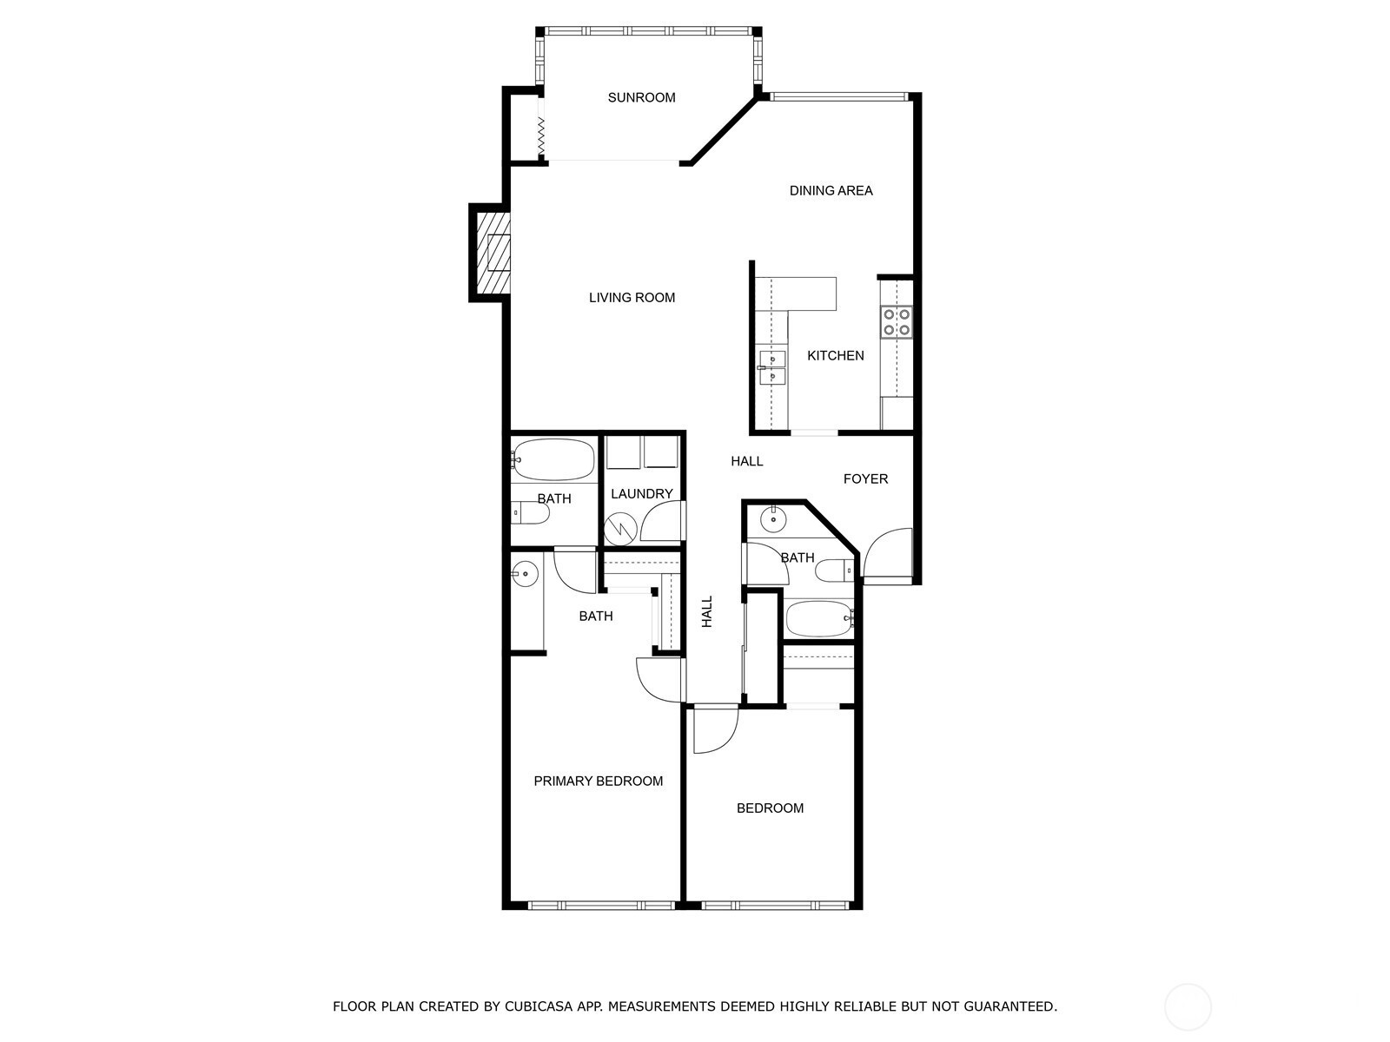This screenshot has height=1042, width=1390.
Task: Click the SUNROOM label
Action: click(641, 97)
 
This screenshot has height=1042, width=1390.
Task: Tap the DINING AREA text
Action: click(831, 190)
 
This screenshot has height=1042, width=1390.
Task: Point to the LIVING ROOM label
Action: click(632, 297)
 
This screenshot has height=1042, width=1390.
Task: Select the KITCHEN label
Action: click(835, 355)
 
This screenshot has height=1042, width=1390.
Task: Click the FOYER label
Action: click(865, 479)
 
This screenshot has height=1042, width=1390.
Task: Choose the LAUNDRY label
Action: click(641, 493)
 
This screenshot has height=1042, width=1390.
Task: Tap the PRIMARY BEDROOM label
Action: click(598, 781)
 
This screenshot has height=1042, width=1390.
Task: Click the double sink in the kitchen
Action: click(772, 367)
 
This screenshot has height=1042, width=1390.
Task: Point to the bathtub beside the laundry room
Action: click(553, 459)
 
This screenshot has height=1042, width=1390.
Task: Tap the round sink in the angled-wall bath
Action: click(773, 519)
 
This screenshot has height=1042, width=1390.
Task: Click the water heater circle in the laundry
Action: click(620, 529)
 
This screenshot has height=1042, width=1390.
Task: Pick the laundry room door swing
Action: click(662, 521)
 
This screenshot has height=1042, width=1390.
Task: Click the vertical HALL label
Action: click(706, 612)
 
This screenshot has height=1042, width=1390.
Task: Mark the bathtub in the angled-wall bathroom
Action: click(819, 619)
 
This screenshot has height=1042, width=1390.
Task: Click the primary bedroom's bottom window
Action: click(601, 906)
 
